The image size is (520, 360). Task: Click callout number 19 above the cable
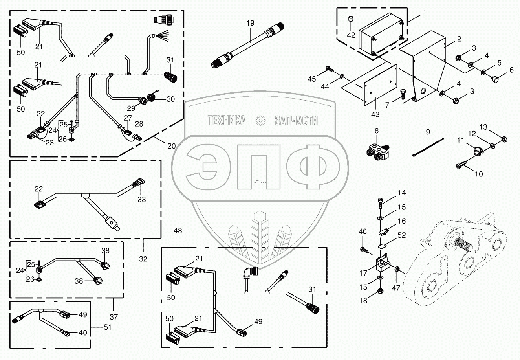click(251, 23)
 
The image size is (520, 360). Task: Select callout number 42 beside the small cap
click(351, 35)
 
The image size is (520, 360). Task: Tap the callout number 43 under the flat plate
click(375, 114)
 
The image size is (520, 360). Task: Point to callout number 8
click(376, 131)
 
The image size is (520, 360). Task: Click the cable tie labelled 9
click(428, 146)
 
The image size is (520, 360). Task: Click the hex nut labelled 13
click(505, 138)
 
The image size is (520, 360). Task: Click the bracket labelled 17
click(381, 264)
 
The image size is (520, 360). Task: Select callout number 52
click(402, 235)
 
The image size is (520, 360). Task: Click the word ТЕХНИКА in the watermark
click(227, 121)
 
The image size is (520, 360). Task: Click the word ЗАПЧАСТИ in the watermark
click(296, 121)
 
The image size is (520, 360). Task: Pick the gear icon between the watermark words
click(260, 121)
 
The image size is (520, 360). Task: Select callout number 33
click(141, 200)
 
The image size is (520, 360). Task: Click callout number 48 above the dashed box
click(178, 231)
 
